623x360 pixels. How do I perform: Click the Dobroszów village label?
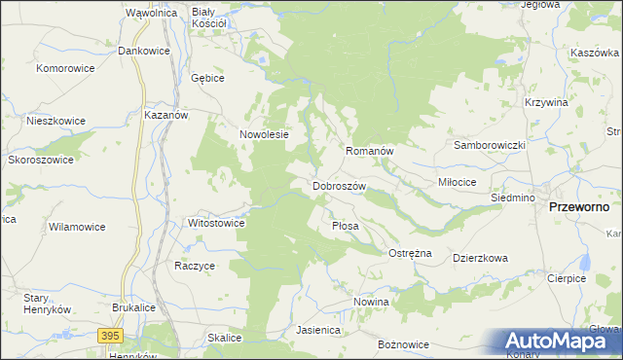(339, 185)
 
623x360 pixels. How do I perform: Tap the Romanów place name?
(369, 152)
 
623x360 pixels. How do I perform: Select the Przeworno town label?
(579, 207)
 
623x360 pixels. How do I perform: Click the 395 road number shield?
(111, 335)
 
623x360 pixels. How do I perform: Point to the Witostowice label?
(216, 223)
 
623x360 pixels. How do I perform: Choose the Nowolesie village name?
(265, 135)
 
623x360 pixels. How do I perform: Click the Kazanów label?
(165, 114)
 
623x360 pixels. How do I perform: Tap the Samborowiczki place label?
(490, 145)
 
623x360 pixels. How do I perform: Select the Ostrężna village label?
(410, 253)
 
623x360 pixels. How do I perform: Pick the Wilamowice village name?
(77, 227)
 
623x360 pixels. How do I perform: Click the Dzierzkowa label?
(481, 259)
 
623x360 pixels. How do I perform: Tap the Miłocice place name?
(457, 182)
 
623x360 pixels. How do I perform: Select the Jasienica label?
(318, 330)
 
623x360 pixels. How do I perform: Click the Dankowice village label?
(144, 50)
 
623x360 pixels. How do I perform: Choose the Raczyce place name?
(195, 265)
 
